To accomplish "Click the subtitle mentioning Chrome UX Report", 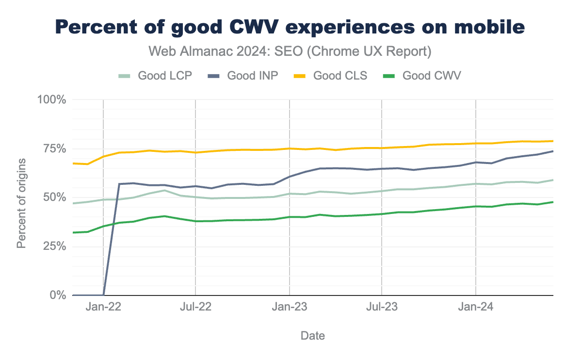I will pos(290,51).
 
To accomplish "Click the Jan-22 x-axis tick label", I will pos(103,307).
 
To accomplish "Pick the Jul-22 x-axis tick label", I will pos(195,307).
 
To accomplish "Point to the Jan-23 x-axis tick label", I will pos(290,307).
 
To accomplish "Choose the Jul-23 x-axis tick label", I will pos(382,307).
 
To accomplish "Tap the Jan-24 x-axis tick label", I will pos(476,307).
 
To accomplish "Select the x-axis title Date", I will pos(313,335).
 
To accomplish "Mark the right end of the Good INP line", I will pos(552,151).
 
